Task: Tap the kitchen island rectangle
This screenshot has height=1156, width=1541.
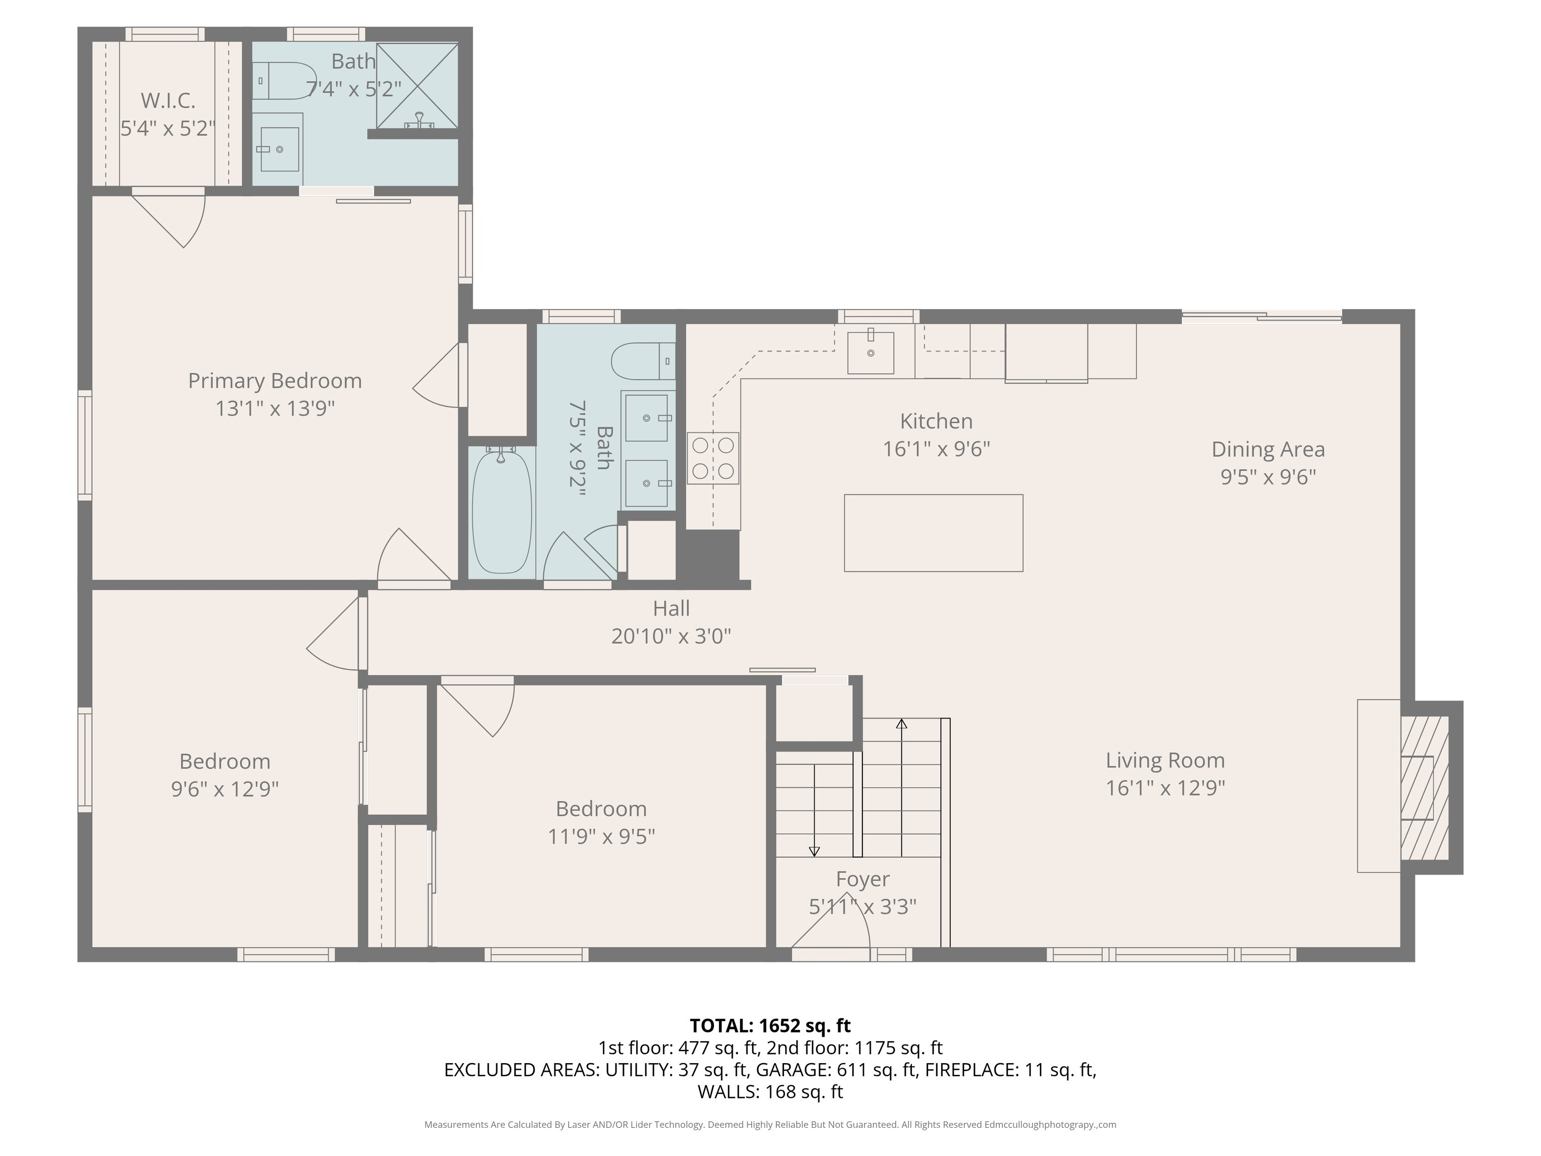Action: pyautogui.click(x=933, y=533)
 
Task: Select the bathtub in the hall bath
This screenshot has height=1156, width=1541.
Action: pyautogui.click(x=502, y=512)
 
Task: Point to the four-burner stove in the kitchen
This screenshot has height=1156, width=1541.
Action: pyautogui.click(x=713, y=458)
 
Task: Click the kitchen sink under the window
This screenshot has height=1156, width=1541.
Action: pyautogui.click(x=870, y=353)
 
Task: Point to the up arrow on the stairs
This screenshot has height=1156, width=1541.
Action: pyautogui.click(x=901, y=725)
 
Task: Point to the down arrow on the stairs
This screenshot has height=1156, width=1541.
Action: pyautogui.click(x=814, y=851)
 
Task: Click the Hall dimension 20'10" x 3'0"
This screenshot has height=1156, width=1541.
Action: pyautogui.click(x=671, y=636)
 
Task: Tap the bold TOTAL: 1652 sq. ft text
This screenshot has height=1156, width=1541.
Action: pyautogui.click(x=770, y=1026)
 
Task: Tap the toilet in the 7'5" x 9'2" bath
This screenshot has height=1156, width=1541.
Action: pyautogui.click(x=641, y=361)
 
